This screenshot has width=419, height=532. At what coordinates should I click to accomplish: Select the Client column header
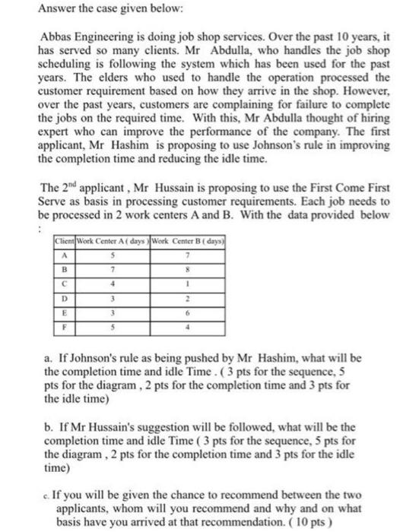tap(62, 242)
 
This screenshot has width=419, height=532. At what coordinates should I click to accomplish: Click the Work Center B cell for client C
tap(176, 284)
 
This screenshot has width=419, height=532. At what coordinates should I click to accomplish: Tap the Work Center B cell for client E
tap(176, 313)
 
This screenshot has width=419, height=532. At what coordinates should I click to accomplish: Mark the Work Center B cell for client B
tap(176, 270)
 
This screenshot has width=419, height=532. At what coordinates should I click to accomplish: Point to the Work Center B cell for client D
tap(176, 299)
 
